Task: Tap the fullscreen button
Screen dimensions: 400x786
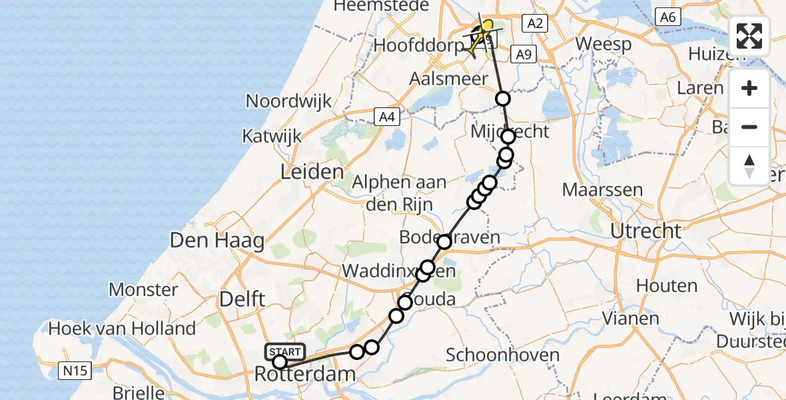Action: point(749,36)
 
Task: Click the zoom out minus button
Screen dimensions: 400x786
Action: point(749,127)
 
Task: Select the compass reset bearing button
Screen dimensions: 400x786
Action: point(749,165)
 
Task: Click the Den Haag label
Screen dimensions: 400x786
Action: point(217,241)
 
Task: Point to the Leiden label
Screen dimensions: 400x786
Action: point(312,172)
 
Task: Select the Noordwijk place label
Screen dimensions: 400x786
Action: point(288,101)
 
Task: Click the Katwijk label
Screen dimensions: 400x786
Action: point(272,137)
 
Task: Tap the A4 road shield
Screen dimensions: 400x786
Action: point(386,117)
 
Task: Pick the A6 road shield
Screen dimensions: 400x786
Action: point(667,17)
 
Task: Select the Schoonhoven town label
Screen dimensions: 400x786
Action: point(502,355)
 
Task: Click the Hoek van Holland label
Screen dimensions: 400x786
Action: point(123,328)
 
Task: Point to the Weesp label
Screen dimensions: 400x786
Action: point(603,44)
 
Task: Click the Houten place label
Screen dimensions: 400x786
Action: point(667,285)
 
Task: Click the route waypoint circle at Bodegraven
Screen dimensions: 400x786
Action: point(444,241)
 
